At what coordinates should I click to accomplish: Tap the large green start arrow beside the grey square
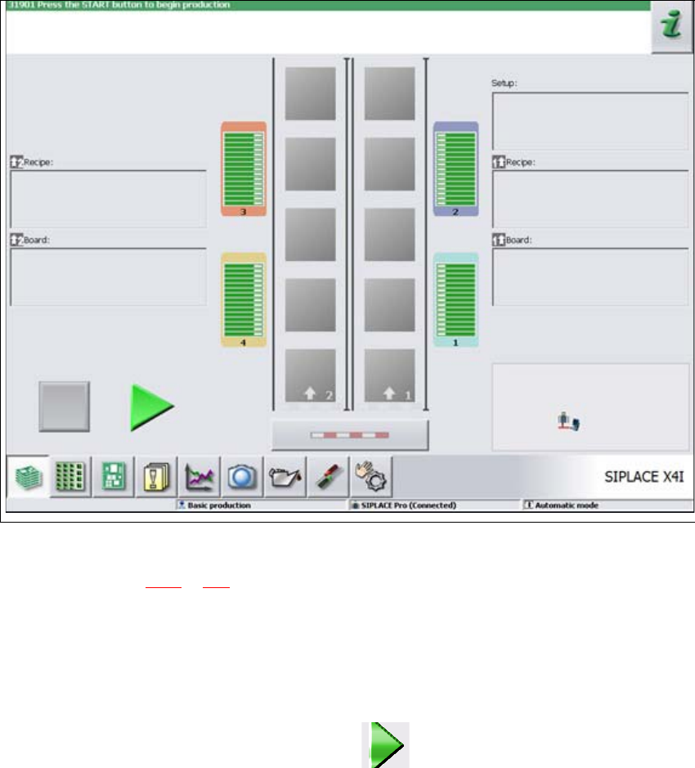[x=150, y=406]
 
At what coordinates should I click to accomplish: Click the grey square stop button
[x=65, y=406]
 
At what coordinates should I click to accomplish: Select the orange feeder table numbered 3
[x=244, y=168]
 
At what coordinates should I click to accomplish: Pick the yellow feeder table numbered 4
[x=244, y=299]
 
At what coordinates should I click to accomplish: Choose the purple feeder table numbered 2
[x=455, y=168]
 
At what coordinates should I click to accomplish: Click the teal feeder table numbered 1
[x=455, y=299]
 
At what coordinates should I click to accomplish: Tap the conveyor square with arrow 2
[x=310, y=375]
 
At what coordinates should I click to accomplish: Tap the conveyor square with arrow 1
[x=389, y=375]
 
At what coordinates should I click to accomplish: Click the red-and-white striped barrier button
[x=349, y=435]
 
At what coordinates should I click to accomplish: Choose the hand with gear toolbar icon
[x=372, y=476]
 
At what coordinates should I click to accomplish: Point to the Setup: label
[x=505, y=83]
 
